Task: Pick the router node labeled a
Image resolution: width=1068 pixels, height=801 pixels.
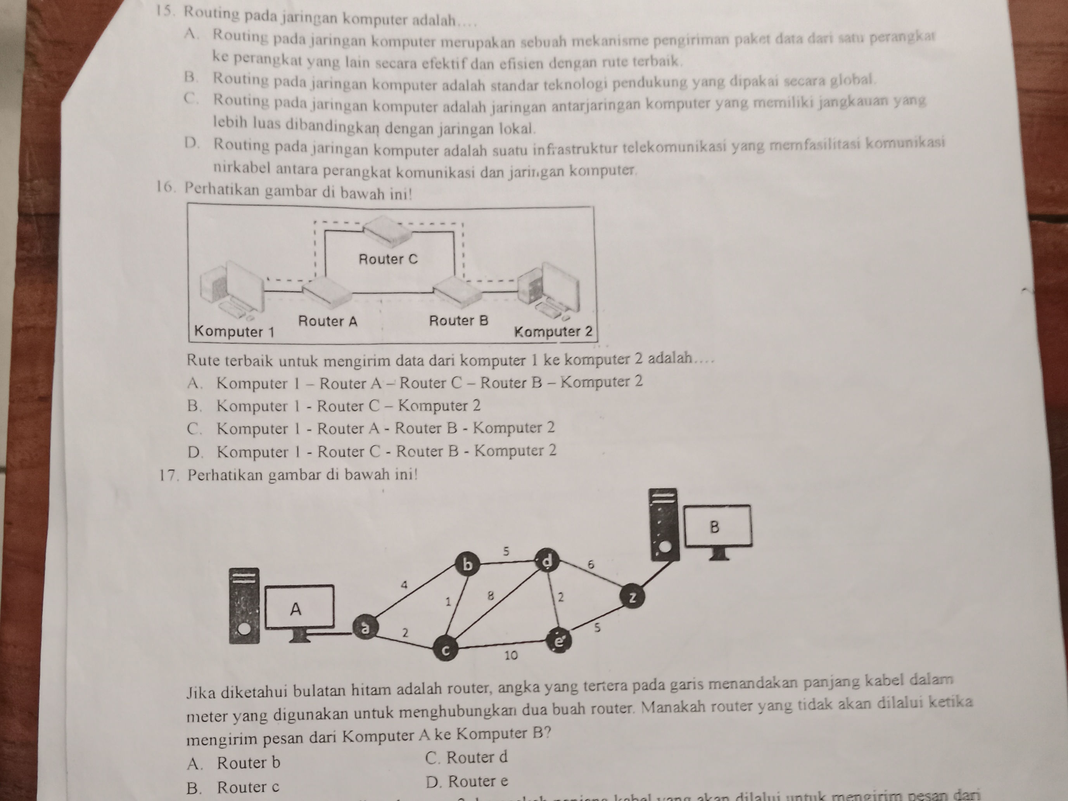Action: click(365, 628)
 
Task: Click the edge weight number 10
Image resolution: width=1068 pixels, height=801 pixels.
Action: click(511, 656)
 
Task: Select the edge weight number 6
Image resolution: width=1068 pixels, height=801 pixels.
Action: click(590, 564)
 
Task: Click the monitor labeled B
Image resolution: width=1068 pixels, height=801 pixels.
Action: click(718, 527)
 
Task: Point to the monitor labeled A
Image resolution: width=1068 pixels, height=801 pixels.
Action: click(299, 608)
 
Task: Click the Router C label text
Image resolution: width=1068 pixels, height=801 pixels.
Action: click(388, 259)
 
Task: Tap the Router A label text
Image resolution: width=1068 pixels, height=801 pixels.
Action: click(327, 321)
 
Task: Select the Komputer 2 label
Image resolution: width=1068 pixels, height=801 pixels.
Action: click(553, 332)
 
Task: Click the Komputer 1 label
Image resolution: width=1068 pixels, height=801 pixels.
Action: click(234, 332)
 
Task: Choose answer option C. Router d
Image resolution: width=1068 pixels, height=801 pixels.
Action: click(467, 758)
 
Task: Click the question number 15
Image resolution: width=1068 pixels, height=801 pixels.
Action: click(165, 13)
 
